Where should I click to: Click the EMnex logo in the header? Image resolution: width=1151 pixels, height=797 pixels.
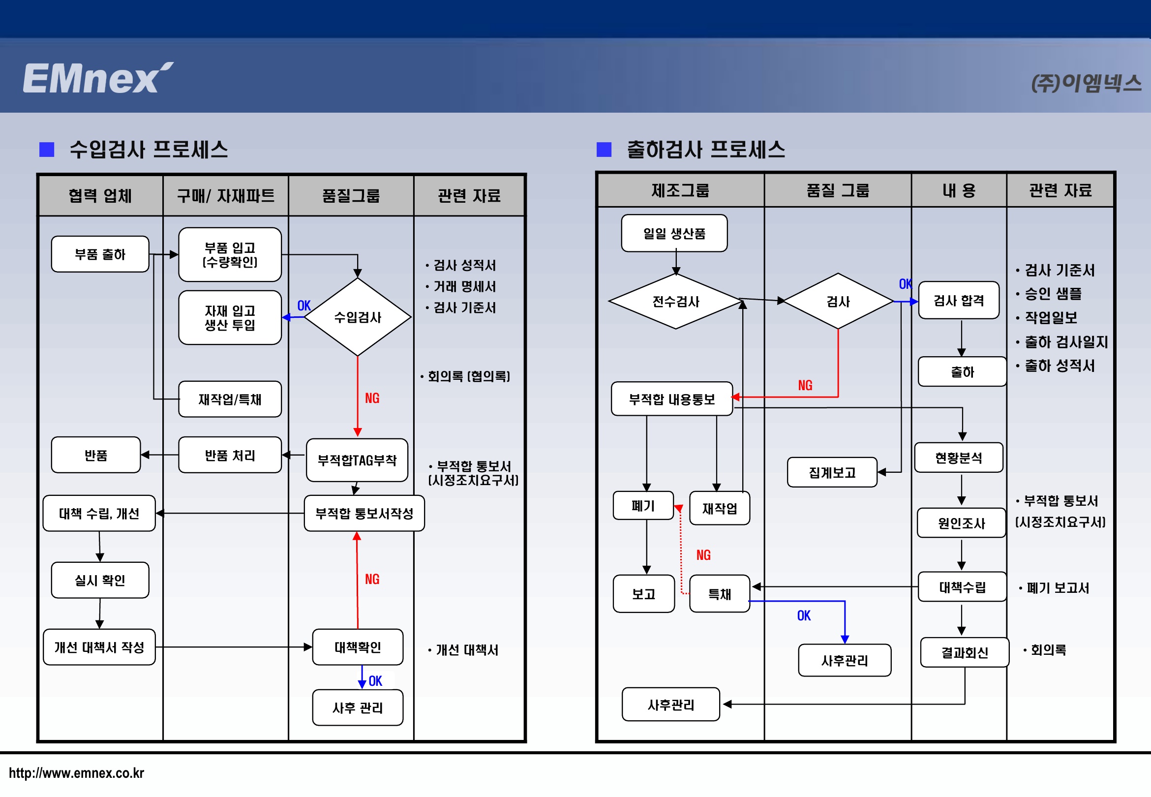coord(97,78)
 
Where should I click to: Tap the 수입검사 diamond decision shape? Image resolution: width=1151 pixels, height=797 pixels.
coord(358,317)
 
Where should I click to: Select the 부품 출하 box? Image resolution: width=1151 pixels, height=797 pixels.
coord(100,254)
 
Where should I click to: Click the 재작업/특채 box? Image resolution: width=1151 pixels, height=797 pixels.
coord(230,399)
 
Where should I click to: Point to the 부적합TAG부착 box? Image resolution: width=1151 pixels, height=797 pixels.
coord(357,460)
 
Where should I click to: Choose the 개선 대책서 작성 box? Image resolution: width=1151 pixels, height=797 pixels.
coord(99,647)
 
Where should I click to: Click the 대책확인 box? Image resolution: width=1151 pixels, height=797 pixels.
coord(358,647)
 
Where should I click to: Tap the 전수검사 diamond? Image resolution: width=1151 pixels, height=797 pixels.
coord(676,301)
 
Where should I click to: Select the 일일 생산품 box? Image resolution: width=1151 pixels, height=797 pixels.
coord(674,233)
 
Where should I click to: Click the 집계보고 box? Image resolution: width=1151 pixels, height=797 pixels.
coord(832,472)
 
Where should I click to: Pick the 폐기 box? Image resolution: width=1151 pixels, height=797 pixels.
coord(643,506)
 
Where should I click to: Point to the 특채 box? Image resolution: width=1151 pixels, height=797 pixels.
coord(719,594)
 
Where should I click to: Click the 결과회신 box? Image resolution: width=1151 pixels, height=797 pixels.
coord(964,652)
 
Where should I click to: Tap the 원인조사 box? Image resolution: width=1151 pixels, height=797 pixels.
coord(961,523)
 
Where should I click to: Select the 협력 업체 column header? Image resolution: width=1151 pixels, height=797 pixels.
coord(100,196)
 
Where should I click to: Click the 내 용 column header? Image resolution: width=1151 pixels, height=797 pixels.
coord(959,190)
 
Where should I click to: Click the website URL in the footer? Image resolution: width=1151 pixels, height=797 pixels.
coord(76,773)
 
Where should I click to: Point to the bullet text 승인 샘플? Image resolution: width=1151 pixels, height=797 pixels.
coord(1053,294)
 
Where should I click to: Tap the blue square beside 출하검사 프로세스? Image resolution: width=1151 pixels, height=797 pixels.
coord(604,149)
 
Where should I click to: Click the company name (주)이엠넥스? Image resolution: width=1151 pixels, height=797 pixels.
coord(1086,83)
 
